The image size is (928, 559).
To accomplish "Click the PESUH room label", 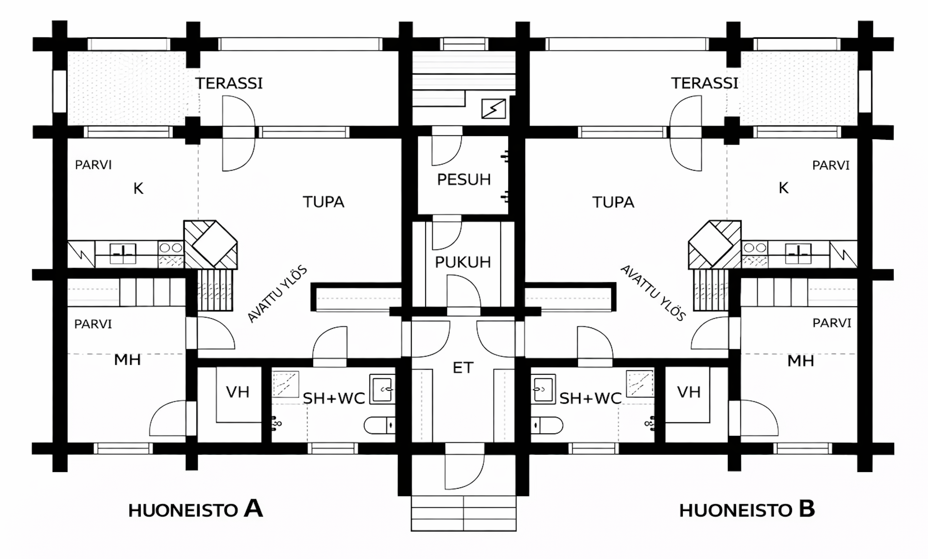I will (464, 180).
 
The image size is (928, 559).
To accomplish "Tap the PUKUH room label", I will (463, 262).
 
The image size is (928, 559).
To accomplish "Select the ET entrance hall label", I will (463, 368).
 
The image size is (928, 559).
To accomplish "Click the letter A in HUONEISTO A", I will (253, 509).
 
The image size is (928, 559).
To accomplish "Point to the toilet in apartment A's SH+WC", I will (379, 425).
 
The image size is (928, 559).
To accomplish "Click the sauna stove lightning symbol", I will (493, 109).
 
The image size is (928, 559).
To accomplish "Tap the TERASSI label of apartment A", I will (229, 83).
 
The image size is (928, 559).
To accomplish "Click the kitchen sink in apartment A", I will (123, 253).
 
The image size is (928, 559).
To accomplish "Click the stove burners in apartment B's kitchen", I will (755, 248).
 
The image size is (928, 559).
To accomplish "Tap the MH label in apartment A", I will (127, 360).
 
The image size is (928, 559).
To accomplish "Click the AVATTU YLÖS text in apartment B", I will (653, 293).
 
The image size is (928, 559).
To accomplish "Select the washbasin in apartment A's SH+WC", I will (382, 389).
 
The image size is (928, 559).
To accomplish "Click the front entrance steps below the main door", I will (463, 513).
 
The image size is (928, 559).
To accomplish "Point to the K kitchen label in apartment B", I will (784, 188).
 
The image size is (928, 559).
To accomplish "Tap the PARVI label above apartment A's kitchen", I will (94, 165).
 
